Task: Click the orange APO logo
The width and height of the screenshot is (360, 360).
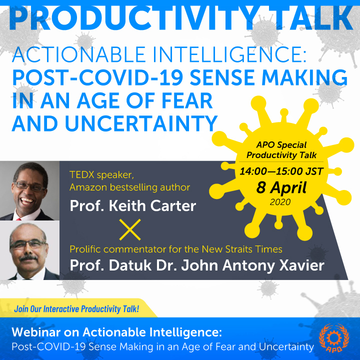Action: pyautogui.click(x=334, y=338)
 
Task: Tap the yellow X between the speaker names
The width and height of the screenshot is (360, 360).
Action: pyautogui.click(x=130, y=229)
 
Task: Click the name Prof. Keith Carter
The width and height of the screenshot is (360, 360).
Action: pyautogui.click(x=133, y=205)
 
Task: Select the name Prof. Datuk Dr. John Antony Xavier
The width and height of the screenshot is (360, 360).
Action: pyautogui.click(x=197, y=265)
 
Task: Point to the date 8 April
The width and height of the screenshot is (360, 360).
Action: pyautogui.click(x=281, y=188)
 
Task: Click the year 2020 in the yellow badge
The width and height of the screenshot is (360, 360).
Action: pyautogui.click(x=280, y=202)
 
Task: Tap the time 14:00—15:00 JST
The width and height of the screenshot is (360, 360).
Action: pyautogui.click(x=281, y=171)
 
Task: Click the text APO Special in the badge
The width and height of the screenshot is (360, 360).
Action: pyautogui.click(x=281, y=145)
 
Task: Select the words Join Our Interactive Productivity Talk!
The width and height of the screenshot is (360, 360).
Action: pyautogui.click(x=76, y=309)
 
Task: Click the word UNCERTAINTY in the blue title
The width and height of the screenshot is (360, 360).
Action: pyautogui.click(x=141, y=123)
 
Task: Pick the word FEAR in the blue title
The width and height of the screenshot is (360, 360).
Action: pyautogui.click(x=187, y=100)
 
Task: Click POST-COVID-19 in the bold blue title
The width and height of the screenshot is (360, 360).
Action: pyautogui.click(x=97, y=78)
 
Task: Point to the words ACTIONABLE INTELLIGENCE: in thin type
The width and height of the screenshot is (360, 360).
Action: pyautogui.click(x=159, y=54)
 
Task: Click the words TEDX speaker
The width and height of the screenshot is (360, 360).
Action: pyautogui.click(x=101, y=175)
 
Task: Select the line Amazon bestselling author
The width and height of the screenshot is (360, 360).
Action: pyautogui.click(x=129, y=187)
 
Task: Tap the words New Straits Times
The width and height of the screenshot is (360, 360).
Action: pyautogui.click(x=242, y=249)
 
